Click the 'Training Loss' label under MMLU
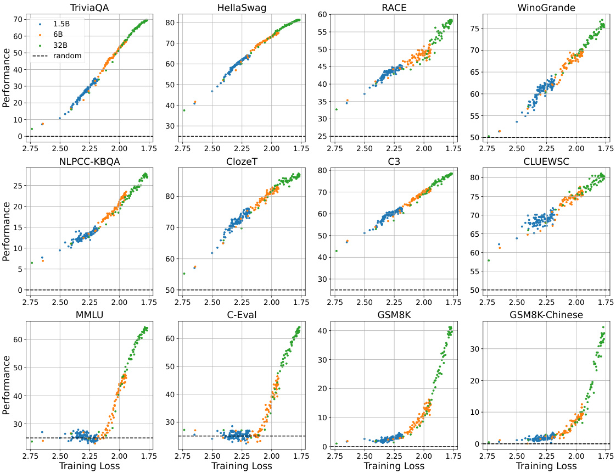[88, 466]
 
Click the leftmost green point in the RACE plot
[336, 109]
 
